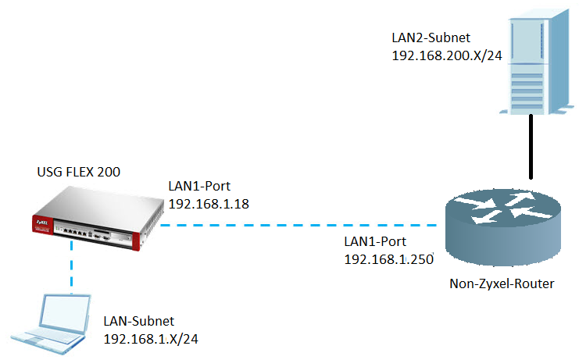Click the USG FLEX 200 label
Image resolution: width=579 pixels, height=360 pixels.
[x=79, y=171]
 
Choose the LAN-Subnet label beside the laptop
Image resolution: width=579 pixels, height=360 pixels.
[x=138, y=321]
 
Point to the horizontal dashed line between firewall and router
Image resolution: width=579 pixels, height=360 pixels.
[x=297, y=226]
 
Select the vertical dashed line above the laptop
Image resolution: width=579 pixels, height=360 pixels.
[x=71, y=266]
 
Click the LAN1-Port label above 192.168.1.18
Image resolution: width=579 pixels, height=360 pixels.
[x=198, y=187]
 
